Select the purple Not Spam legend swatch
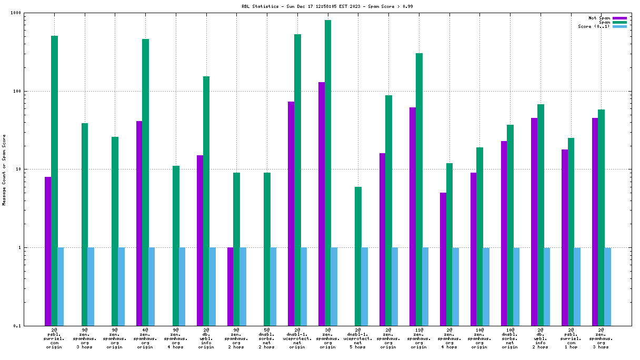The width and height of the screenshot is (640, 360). point(620,18)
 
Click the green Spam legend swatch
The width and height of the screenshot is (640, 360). point(620,22)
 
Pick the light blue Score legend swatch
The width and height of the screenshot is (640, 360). point(620,26)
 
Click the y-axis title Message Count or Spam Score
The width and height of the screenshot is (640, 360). point(4,169)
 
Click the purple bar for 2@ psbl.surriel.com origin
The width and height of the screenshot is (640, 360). point(48,251)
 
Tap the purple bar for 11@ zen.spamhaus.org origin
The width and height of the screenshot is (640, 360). point(413,216)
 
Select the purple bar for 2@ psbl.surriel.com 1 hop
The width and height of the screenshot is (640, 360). point(565,237)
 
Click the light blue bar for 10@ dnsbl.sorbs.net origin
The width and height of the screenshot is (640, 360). point(516,286)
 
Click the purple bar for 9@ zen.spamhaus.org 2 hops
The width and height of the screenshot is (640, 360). point(230,286)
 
